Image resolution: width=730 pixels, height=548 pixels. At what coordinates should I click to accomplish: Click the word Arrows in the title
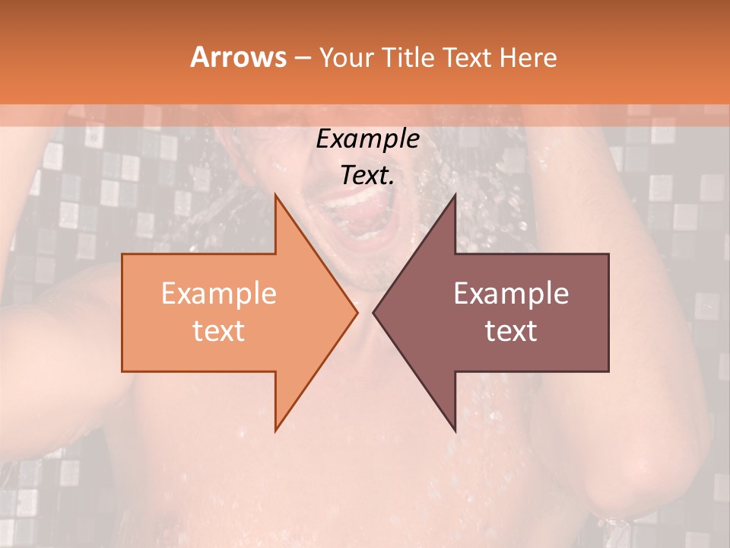pos(238,57)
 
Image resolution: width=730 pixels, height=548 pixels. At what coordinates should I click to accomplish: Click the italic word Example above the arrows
pos(367,139)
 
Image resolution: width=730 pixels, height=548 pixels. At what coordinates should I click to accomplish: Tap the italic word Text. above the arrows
pos(367,175)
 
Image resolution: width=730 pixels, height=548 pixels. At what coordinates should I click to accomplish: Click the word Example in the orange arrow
pos(219,294)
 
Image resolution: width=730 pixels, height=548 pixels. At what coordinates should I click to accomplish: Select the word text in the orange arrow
pos(219,330)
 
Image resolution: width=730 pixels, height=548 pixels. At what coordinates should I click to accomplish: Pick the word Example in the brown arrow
pos(511,294)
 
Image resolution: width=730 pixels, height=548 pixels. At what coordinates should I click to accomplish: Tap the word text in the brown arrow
pos(511,330)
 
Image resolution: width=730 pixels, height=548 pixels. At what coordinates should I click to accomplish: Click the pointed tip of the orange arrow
pos(357,312)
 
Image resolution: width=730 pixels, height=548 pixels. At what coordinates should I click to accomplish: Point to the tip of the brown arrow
pos(373,312)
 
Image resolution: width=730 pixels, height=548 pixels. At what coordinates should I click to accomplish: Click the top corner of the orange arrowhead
pos(275,195)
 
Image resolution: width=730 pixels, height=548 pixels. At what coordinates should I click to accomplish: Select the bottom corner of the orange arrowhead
pos(275,430)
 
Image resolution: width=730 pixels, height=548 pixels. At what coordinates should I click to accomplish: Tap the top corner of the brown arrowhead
pos(455,195)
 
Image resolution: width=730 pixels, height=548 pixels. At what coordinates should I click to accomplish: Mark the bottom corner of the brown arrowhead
pos(455,430)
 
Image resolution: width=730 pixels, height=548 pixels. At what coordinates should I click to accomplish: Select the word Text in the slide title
pos(468,57)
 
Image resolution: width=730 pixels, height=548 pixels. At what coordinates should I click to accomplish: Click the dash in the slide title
pos(301,58)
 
